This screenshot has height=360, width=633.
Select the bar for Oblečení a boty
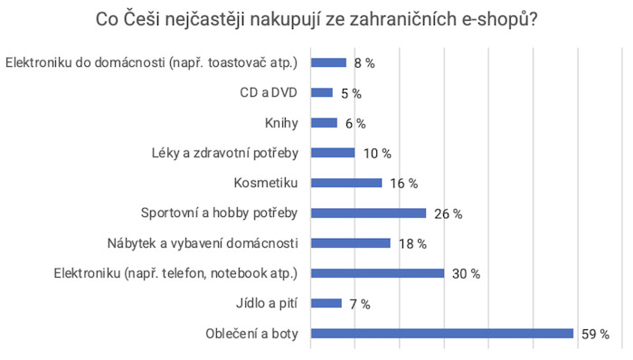coord(442,334)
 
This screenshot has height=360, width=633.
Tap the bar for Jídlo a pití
coord(326,304)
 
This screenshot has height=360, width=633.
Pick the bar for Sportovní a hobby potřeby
coord(368,213)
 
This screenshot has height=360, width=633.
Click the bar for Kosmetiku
coord(346,183)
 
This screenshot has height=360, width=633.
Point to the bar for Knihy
coord(324,123)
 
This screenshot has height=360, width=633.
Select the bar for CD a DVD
coord(322,93)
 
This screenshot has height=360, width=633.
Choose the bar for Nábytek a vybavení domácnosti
coord(351,243)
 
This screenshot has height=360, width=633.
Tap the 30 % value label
coord(466,274)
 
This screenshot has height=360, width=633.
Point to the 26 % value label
coord(448,213)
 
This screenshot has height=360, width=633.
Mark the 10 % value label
coord(377,153)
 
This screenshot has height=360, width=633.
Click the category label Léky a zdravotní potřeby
coord(227,153)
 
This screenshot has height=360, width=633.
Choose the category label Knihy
coord(282,123)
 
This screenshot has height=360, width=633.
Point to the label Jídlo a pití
coord(270,304)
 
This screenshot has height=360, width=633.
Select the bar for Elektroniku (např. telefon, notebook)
coord(377,274)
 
